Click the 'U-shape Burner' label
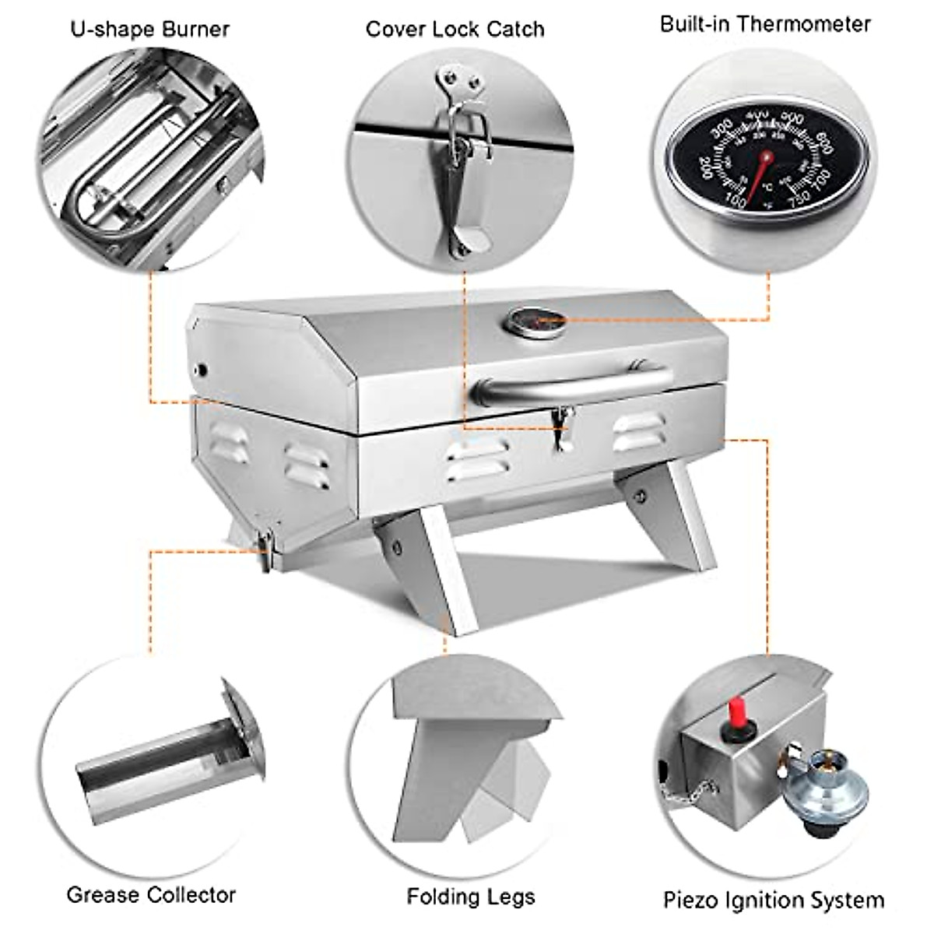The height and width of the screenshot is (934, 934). point(150,30)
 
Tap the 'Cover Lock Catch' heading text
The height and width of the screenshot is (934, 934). point(455,30)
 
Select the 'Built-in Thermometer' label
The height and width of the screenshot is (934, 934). point(765,23)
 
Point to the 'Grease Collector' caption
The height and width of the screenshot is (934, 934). point(151,894)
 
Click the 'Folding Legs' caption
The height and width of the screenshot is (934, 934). point(470,897)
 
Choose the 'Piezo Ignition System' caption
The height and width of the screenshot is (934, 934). point(773,901)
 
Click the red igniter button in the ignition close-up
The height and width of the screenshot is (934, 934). point(732,716)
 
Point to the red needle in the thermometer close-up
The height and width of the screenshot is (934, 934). point(760,168)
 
